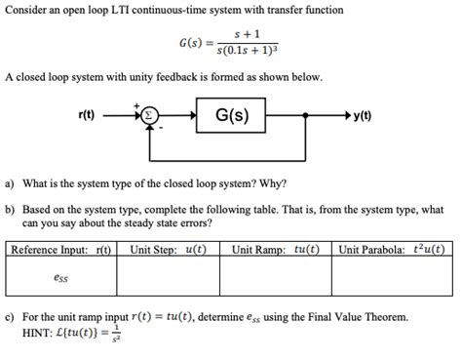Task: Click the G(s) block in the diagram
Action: [x=231, y=117]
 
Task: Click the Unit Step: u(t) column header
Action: [x=168, y=250]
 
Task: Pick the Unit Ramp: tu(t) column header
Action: [x=275, y=250]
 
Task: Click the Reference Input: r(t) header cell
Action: [x=61, y=250]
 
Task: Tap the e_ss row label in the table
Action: [x=60, y=276]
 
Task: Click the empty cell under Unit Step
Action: [x=168, y=276]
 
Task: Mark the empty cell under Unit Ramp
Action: [x=275, y=276]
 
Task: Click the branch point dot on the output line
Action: [x=306, y=117]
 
